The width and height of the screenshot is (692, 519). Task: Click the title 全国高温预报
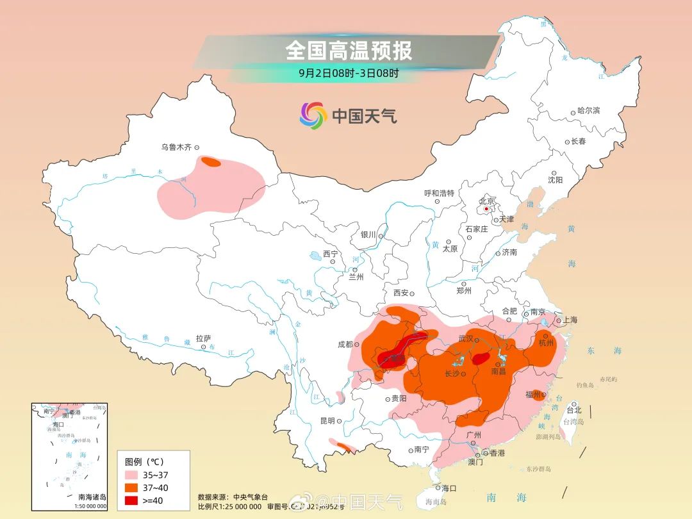point(349,50)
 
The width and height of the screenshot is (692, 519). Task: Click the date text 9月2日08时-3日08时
point(349,73)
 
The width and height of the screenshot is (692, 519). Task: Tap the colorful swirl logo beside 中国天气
point(313,115)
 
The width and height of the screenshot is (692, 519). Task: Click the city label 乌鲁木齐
point(176,147)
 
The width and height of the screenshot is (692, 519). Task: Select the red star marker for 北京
point(486,208)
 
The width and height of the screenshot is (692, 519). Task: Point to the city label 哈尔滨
point(588,111)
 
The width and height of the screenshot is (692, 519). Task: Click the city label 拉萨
point(203,338)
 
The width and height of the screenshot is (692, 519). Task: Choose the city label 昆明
point(327,421)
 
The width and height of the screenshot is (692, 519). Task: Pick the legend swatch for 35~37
point(132,475)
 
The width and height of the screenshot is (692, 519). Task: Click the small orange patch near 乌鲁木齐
point(211,162)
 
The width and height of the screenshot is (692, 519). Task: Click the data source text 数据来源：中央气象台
point(233,497)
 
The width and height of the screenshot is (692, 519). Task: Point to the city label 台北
point(573,410)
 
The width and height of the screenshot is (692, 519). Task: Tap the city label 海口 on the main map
point(449,488)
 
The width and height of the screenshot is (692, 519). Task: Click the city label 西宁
point(330,254)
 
